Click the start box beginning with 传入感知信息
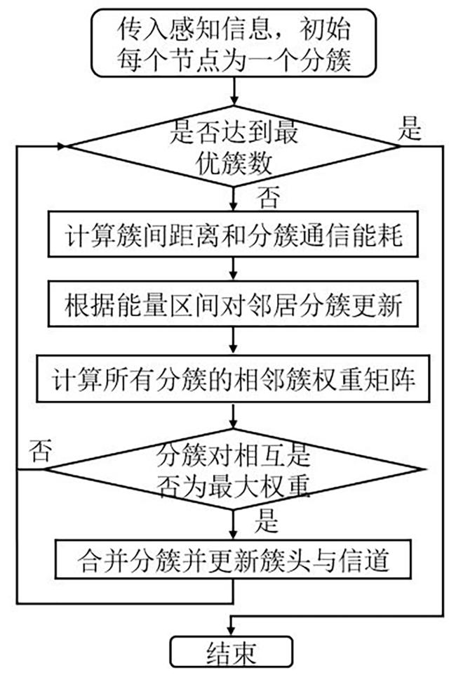click(234, 43)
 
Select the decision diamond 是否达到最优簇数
click(234, 146)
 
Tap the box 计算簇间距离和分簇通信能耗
click(233, 234)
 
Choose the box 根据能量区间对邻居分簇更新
click(233, 304)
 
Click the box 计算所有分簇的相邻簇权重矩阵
click(233, 379)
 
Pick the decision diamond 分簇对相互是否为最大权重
click(234, 469)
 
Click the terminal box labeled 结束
click(232, 652)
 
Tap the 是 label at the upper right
click(410, 128)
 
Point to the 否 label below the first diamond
click(269, 197)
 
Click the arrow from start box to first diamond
click(234, 92)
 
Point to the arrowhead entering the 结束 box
click(232, 631)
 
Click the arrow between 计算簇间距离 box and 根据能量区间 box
click(234, 269)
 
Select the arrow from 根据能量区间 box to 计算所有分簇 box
click(234, 341)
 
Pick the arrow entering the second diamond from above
click(234, 415)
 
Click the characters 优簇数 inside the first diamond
click(234, 164)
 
